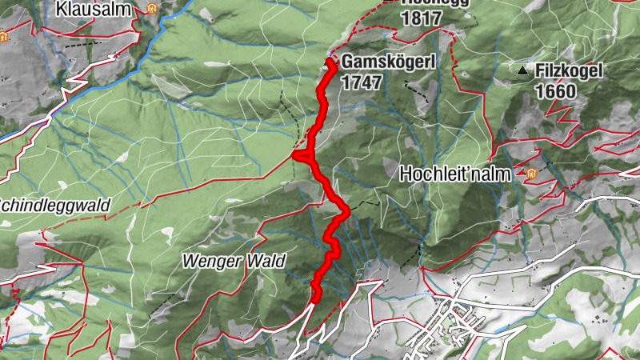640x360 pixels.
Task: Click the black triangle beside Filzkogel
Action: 522,71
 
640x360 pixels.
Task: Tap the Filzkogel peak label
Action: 569,71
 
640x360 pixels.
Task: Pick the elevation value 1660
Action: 555,91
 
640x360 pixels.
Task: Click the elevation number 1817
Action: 422,17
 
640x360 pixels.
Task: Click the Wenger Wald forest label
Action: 222,260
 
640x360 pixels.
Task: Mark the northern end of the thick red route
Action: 330,62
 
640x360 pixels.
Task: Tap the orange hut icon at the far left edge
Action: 3,36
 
